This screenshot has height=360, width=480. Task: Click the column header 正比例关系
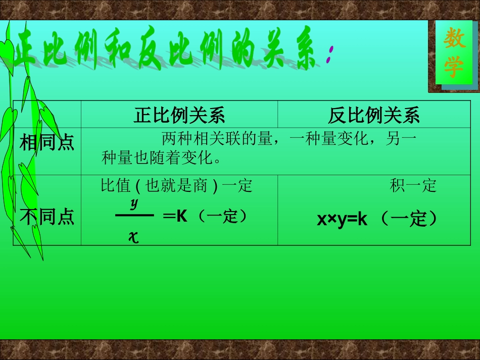click(x=179, y=116)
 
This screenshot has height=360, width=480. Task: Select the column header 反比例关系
click(x=373, y=116)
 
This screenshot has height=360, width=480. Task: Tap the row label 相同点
click(x=47, y=143)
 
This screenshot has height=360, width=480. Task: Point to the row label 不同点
click(x=47, y=217)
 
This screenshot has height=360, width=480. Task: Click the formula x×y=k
click(x=342, y=220)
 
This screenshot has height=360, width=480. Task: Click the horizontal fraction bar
click(x=134, y=216)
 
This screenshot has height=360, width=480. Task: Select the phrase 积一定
click(x=413, y=186)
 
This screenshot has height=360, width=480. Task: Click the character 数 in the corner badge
click(x=454, y=39)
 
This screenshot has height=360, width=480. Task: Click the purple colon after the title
click(x=329, y=55)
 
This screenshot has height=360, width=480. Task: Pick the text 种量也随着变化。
click(x=162, y=158)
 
